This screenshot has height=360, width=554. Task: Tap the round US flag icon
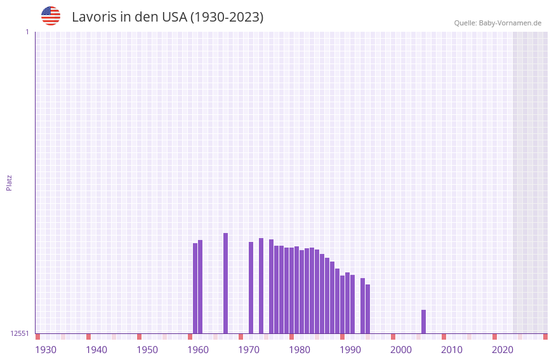[x=51, y=16]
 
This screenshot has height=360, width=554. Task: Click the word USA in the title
[x=174, y=17]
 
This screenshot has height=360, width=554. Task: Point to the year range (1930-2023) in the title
[x=227, y=17]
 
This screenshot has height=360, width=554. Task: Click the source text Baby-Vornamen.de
[x=510, y=23]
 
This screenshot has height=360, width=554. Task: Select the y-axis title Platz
[x=9, y=182]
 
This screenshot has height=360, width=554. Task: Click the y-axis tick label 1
[x=27, y=32]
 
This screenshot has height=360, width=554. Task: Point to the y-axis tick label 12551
[x=20, y=333]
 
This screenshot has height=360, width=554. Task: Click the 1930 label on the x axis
[x=46, y=350]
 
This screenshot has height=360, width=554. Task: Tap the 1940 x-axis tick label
[x=96, y=350]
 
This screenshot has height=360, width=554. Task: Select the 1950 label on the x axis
[x=147, y=350]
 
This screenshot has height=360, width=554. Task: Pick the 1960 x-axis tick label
[x=198, y=350]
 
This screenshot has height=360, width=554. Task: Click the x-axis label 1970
[x=249, y=350]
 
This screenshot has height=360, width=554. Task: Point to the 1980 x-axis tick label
[x=300, y=350]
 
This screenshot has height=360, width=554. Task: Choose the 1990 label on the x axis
[x=350, y=350]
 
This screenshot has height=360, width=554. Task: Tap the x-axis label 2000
[x=401, y=350]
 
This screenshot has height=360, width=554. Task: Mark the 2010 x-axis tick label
[x=452, y=350]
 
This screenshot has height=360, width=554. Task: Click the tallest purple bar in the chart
[x=225, y=283]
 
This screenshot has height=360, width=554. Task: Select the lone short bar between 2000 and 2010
[x=423, y=321]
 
